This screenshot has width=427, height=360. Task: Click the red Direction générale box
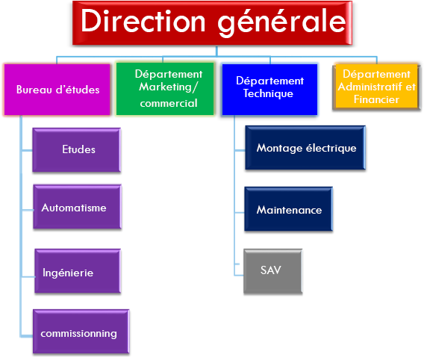click(212, 23)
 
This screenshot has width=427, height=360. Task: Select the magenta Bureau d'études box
click(57, 90)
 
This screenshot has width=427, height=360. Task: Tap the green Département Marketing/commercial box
click(165, 89)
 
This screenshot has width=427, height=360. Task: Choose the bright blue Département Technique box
click(269, 90)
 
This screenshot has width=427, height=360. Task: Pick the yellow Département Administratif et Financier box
click(377, 87)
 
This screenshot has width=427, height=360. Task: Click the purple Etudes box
click(77, 150)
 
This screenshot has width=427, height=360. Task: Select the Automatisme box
click(78, 207)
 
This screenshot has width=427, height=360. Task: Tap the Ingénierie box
click(78, 271)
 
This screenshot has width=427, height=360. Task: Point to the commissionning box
click(81, 332)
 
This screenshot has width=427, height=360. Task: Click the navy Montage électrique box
click(305, 148)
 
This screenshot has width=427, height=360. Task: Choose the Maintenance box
click(288, 209)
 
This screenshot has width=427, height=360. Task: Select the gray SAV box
click(273, 271)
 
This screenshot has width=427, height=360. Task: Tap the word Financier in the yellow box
click(376, 99)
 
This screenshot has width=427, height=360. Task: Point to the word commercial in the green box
click(169, 103)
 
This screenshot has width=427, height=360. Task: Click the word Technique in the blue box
click(268, 94)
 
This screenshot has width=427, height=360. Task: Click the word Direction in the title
click(143, 21)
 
